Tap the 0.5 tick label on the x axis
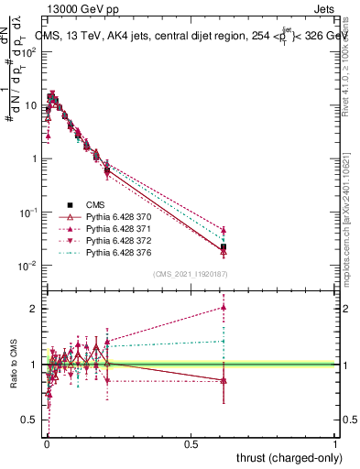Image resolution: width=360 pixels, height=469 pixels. coord(191,443)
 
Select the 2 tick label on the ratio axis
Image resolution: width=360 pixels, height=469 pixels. coord(33,309)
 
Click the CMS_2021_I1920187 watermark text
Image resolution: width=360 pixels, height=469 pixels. coord(190,273)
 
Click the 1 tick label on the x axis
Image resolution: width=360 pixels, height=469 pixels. coord(335,443)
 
